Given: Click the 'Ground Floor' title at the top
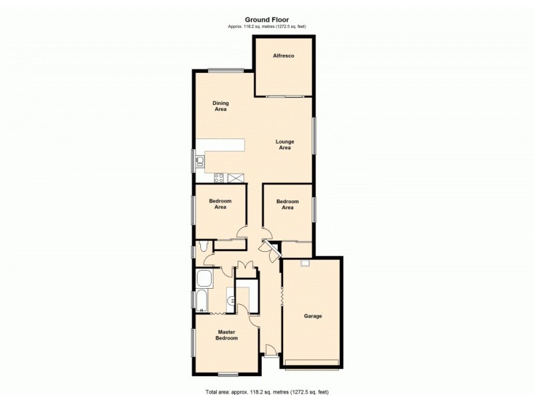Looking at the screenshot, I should click(266, 20).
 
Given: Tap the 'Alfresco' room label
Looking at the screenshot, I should click(284, 56).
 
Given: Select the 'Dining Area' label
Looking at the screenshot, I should click(220, 106).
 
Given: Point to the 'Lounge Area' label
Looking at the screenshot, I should click(284, 144).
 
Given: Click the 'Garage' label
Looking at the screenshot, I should click(313, 316).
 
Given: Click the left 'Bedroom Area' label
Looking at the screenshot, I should click(220, 204).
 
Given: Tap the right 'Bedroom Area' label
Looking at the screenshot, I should click(287, 204).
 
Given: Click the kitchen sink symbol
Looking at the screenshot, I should click(200, 160).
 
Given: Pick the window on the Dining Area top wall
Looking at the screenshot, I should click(225, 71).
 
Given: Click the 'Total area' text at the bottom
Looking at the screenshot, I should click(266, 392).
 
